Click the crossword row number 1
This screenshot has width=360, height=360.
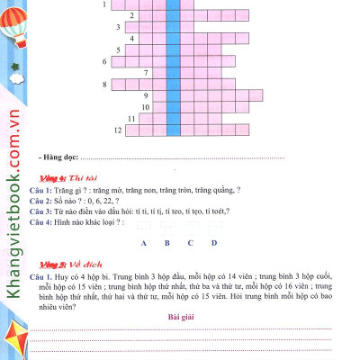click(104, 4)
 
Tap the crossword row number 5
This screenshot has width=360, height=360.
click(105, 61)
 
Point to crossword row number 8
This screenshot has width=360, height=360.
click(105, 84)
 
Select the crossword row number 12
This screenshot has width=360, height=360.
click(118, 130)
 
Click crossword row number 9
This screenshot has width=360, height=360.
click(145, 95)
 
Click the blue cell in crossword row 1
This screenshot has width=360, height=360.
click(172, 4)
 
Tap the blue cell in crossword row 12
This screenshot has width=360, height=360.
click(172, 130)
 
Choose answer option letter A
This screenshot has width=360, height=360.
click(144, 243)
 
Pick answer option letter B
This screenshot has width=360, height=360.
click(167, 243)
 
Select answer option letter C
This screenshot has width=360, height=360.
click(191, 243)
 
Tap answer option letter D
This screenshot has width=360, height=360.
click(214, 243)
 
